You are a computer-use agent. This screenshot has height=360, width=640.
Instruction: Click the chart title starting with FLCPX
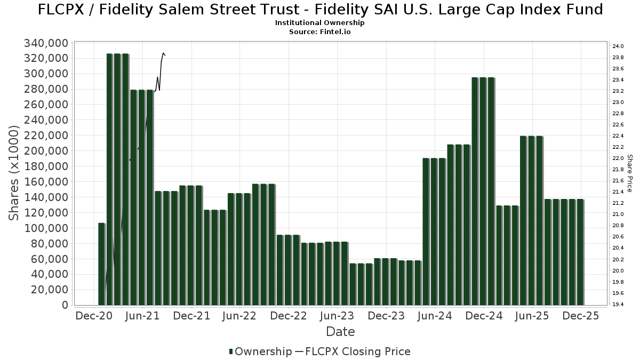320,10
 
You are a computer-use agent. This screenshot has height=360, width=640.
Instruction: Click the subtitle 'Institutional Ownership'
319,23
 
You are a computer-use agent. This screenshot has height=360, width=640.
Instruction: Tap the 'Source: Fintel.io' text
319,32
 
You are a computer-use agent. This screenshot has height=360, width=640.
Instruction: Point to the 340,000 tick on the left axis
46,43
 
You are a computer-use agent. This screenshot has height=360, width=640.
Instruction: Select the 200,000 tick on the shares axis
46,151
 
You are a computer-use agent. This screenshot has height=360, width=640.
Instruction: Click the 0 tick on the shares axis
65,305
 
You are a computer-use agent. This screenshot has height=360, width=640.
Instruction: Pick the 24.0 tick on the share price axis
618,46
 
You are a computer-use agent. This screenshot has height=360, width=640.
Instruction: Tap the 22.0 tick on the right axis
618,158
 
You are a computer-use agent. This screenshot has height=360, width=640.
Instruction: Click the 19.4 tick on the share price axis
618,305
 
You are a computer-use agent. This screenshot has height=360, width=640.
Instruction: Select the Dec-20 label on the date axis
94,316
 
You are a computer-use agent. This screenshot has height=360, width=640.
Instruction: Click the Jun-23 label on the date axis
337,316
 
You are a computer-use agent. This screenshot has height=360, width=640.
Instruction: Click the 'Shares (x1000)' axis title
15,173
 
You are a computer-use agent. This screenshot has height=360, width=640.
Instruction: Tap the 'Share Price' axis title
630,173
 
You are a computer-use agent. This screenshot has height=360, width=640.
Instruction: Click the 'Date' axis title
340,332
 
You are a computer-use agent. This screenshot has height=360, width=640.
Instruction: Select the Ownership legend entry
260,351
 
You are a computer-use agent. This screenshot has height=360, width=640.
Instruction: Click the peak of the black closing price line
163,53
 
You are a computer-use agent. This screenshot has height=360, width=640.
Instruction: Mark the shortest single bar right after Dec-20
101,264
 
